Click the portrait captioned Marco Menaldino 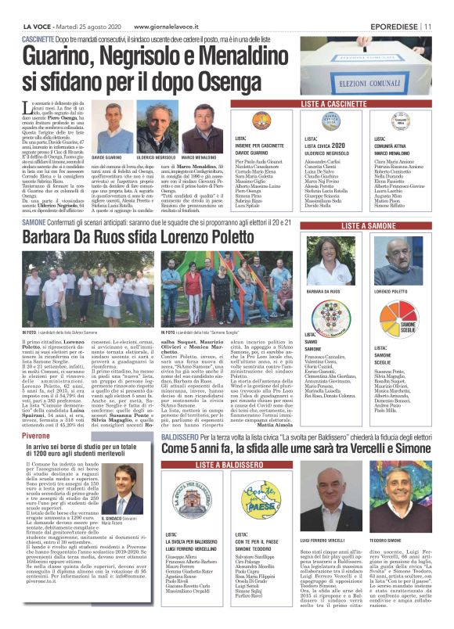(x=206, y=128)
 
